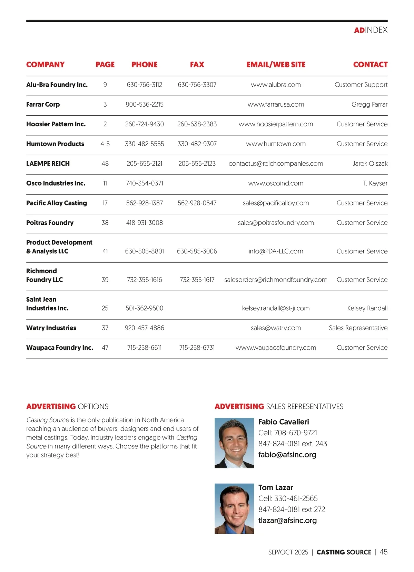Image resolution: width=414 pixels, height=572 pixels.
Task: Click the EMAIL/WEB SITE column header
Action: click(276, 65)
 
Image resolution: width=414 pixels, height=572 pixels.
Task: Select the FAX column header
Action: click(197, 65)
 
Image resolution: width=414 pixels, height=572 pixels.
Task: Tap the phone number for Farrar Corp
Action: click(144, 104)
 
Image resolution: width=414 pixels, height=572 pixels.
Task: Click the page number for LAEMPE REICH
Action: click(105, 164)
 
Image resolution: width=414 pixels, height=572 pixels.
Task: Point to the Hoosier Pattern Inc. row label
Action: click(56, 124)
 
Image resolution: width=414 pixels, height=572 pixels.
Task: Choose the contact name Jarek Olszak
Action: click(370, 164)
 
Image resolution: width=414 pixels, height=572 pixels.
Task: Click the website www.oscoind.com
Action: click(276, 183)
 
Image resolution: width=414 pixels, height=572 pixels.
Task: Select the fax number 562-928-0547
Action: click(197, 203)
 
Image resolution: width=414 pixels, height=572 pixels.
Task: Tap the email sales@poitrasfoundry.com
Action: click(276, 223)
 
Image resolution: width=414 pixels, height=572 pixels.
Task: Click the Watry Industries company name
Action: click(51, 328)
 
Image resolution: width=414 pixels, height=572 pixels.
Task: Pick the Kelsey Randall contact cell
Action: click(367, 308)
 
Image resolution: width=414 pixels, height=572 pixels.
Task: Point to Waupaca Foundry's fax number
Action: click(197, 348)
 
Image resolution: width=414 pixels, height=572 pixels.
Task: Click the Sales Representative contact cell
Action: click(358, 328)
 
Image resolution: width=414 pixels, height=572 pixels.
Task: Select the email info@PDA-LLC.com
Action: click(276, 251)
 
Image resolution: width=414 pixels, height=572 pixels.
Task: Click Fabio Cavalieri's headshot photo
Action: click(234, 443)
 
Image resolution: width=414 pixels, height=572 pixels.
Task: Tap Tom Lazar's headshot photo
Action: click(234, 508)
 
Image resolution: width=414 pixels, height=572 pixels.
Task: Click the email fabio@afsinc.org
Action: click(287, 455)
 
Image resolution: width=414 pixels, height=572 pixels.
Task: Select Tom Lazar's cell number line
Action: click(288, 498)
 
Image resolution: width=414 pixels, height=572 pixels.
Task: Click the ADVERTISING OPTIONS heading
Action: click(67, 407)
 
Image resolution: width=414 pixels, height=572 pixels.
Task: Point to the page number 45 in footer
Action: click(383, 552)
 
